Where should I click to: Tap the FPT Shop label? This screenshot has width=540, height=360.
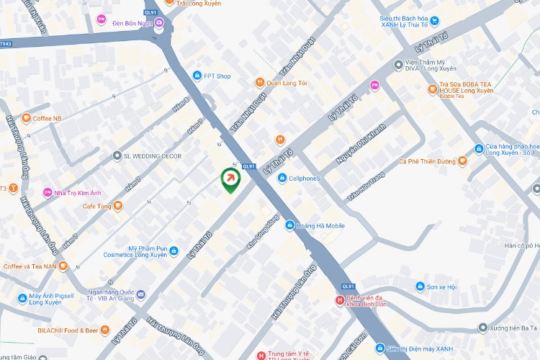[x=216, y=76]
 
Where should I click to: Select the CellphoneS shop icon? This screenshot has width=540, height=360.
[x=283, y=178]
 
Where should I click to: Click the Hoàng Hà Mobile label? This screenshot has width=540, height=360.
[x=321, y=226]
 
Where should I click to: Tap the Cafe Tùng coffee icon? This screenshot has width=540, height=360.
[x=118, y=206]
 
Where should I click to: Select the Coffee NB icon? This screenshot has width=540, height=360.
[x=26, y=118]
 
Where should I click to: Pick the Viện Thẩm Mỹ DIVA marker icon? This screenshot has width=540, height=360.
[x=398, y=65]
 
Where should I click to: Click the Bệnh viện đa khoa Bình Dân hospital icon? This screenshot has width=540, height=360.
[x=340, y=300]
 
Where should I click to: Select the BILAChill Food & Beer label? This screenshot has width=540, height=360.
[x=68, y=330]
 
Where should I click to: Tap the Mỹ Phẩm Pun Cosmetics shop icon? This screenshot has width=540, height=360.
[x=174, y=251]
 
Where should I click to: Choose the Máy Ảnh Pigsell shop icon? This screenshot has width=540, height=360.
[x=23, y=298]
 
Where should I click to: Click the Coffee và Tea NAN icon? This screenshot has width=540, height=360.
[x=63, y=266]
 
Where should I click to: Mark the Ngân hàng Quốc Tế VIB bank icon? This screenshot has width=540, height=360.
[x=140, y=294]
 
